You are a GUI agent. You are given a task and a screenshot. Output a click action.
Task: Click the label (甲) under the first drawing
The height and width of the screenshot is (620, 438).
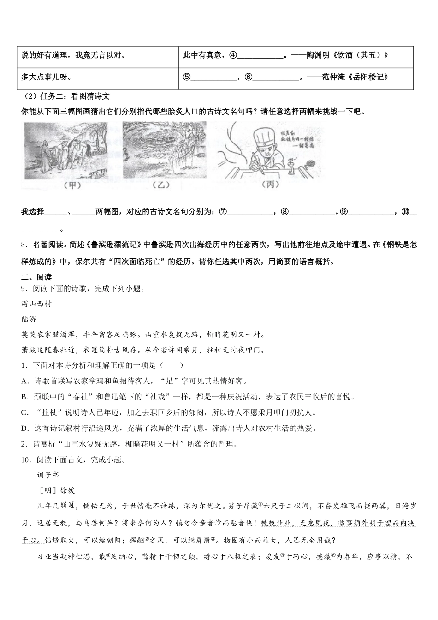(x=71, y=185)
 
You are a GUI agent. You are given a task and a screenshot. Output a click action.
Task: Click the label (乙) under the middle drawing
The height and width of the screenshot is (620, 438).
(x=160, y=185)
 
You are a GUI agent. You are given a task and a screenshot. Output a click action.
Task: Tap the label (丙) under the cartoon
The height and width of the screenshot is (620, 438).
(x=270, y=185)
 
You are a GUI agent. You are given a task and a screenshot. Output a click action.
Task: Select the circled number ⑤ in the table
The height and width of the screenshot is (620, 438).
(x=187, y=77)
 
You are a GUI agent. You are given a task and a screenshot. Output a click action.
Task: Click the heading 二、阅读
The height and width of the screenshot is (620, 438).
(x=36, y=277)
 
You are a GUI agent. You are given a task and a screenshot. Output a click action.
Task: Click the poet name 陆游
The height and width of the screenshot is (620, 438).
(x=29, y=319)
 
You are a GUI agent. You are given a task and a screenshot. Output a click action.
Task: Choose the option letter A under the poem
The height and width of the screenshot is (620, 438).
(x=24, y=382)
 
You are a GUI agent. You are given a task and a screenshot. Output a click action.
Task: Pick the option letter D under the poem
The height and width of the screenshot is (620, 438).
(x=24, y=429)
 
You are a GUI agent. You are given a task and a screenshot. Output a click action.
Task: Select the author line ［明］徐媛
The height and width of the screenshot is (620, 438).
(x=56, y=490)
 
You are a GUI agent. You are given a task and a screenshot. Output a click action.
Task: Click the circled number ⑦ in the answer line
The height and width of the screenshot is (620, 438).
(x=223, y=212)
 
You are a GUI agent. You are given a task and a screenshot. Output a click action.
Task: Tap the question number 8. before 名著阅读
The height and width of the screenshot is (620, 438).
(x=24, y=245)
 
